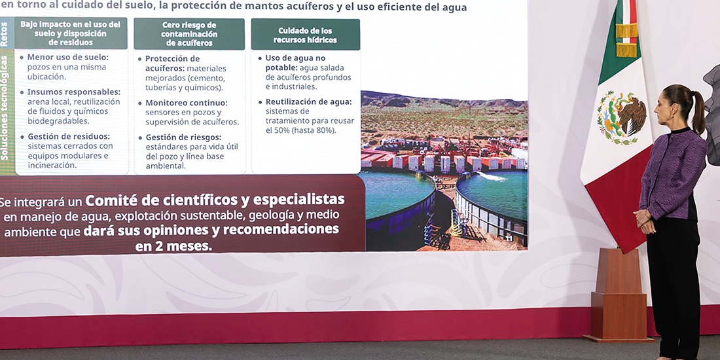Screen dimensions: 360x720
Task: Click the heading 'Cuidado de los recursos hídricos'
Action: click(305, 35)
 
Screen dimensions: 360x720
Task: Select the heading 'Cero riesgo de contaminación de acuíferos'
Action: click(189, 34)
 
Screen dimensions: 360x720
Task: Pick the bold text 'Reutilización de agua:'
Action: click(308, 102)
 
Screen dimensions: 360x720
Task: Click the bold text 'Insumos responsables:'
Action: click(74, 92)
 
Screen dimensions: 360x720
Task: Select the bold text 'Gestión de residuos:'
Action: click(69, 136)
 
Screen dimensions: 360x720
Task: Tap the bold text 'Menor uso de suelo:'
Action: click(68, 57)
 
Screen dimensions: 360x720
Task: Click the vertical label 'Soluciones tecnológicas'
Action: click(5, 108)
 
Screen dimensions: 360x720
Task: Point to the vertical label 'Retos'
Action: click(5, 33)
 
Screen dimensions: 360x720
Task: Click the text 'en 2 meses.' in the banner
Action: click(173, 246)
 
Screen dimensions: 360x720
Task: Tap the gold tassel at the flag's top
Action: click(627, 39)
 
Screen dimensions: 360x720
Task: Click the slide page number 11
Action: click(509, 238)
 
